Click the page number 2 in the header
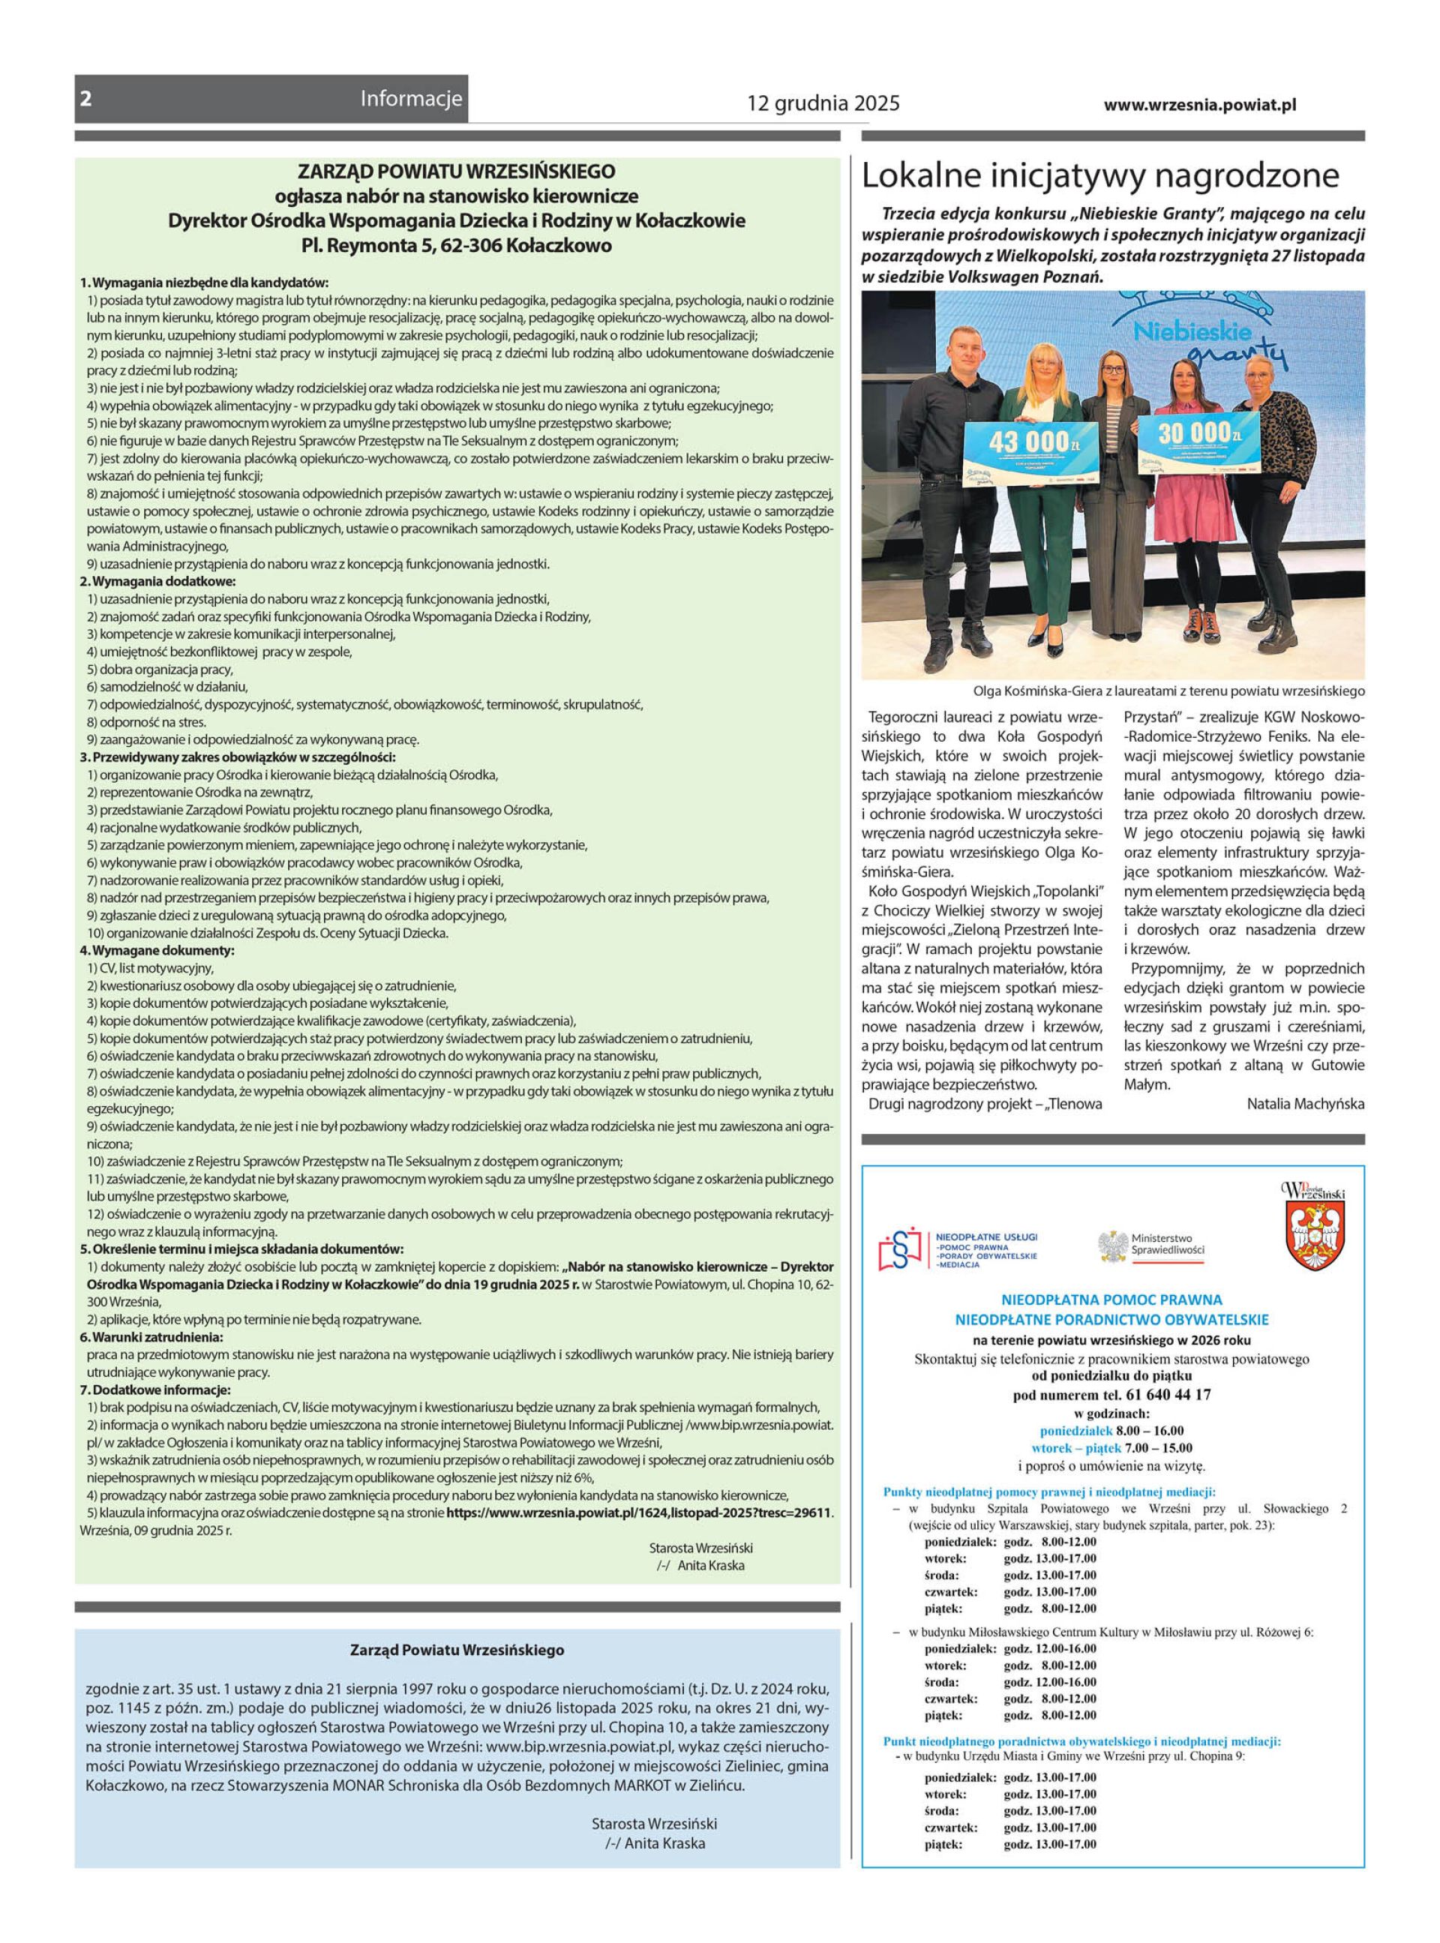(x=85, y=99)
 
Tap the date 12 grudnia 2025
(x=823, y=104)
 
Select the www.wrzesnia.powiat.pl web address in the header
(x=1199, y=104)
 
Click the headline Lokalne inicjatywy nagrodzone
(x=1100, y=176)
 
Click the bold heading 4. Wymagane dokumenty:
(x=157, y=949)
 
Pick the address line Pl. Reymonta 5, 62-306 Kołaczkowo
(x=456, y=246)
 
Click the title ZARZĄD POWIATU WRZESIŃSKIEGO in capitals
(x=456, y=172)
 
